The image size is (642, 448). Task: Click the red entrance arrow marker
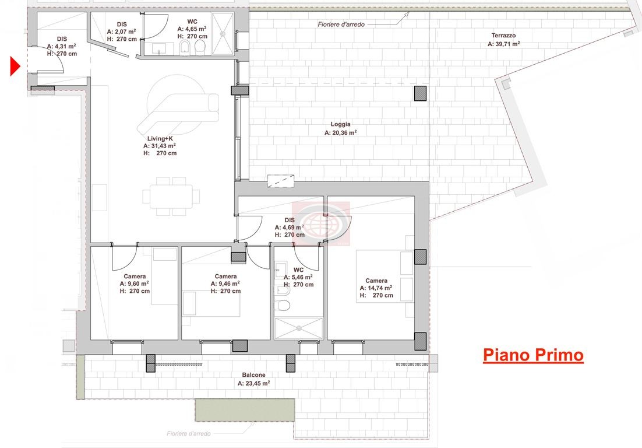pos(15,65)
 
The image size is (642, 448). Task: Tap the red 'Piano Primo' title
pos(533,355)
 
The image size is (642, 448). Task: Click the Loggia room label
pos(340,124)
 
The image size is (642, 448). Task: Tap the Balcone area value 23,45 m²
pos(253,384)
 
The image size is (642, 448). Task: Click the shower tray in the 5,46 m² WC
pos(298,327)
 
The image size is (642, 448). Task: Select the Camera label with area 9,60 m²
pos(135,276)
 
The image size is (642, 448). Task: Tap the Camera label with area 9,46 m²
pos(225,276)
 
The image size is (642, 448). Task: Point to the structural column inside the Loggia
pos(420,93)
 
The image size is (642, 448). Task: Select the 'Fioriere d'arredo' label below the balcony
pos(188,434)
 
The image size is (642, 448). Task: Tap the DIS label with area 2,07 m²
pos(122,24)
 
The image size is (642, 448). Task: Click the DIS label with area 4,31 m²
pos(62,38)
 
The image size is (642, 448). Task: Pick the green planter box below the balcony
pos(244,410)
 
